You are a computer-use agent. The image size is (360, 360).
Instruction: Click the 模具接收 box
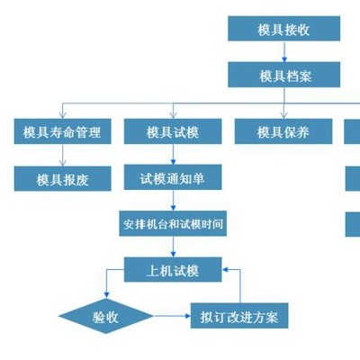283,29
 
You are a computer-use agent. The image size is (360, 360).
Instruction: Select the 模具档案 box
283,75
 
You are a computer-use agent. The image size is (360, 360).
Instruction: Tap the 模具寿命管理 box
62,131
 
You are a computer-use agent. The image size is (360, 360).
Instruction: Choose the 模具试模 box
173,131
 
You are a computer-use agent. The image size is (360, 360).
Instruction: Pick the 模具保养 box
283,131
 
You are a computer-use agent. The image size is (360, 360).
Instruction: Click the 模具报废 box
62,179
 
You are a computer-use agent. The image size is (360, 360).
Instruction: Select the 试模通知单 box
173,177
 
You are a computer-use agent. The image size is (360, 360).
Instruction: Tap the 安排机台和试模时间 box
173,223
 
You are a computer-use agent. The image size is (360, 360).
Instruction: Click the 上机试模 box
173,269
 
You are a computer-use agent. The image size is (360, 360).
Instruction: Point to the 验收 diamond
106,316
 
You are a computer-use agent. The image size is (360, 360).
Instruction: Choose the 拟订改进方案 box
239,316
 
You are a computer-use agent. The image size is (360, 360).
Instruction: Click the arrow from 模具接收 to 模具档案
284,51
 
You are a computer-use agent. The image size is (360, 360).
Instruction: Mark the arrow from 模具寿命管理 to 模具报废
62,155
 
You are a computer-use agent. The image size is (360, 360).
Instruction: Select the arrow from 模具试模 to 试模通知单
173,154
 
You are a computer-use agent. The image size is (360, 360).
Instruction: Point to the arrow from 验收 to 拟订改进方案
172,316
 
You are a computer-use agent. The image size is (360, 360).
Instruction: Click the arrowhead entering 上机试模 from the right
225,270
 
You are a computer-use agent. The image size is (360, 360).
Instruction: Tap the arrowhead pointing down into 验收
106,295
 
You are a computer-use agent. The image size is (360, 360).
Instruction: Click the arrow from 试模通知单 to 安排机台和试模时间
173,200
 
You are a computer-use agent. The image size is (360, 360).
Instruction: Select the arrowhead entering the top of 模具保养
283,115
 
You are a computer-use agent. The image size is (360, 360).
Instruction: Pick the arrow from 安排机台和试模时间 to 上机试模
173,247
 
